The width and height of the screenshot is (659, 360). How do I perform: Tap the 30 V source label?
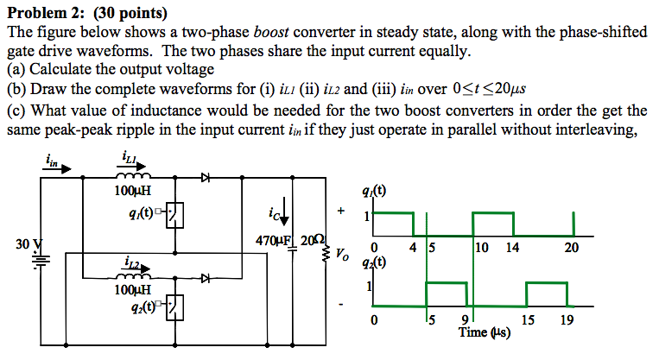point(27,244)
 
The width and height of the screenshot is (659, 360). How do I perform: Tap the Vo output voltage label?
point(343,256)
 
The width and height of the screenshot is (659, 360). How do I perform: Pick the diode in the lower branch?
point(205,279)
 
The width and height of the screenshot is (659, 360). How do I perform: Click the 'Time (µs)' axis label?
point(485,332)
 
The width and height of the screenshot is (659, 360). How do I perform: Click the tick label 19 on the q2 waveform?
point(566,319)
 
